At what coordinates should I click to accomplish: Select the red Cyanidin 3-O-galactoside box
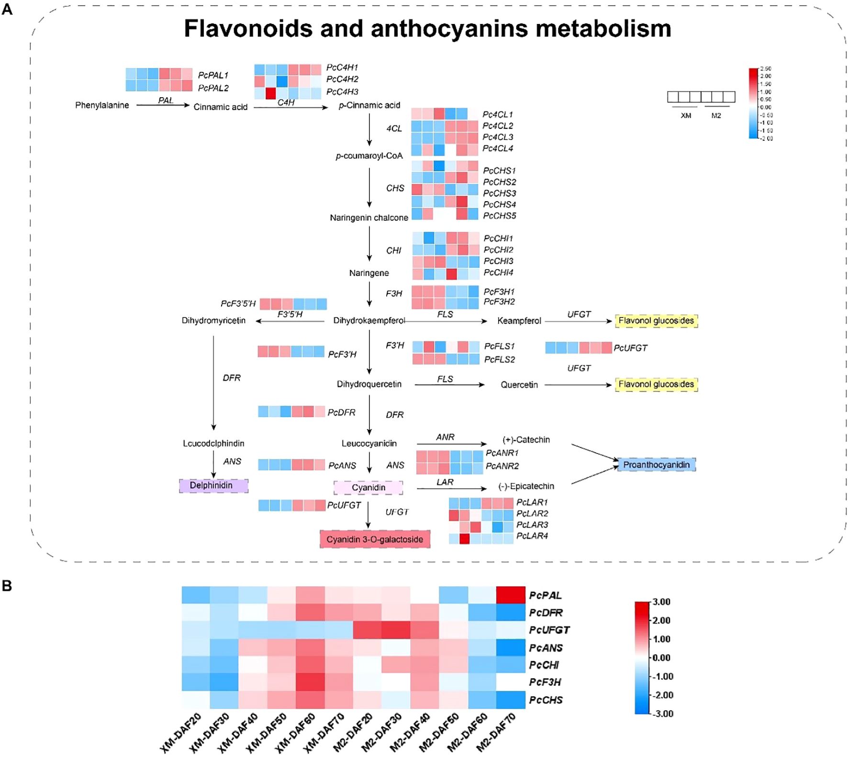click(375, 539)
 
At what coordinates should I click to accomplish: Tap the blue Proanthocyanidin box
click(656, 464)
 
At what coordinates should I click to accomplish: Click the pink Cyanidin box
click(368, 487)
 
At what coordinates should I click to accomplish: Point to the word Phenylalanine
click(102, 105)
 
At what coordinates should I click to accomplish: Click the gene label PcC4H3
click(342, 91)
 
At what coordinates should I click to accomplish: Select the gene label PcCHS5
click(499, 216)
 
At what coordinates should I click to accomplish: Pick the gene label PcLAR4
click(532, 536)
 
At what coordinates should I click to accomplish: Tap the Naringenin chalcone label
click(369, 218)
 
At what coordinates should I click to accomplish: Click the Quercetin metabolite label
click(519, 385)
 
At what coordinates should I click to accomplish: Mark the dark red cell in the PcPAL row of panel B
click(511, 595)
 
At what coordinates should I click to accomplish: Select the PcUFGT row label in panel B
click(549, 630)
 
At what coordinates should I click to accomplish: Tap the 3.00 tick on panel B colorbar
click(661, 602)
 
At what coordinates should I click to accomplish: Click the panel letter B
click(7, 586)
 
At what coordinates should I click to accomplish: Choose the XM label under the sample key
click(685, 116)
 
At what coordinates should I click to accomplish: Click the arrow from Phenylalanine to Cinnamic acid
click(163, 105)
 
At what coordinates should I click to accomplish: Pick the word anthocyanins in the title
click(450, 29)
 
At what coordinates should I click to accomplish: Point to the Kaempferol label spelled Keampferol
click(519, 321)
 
